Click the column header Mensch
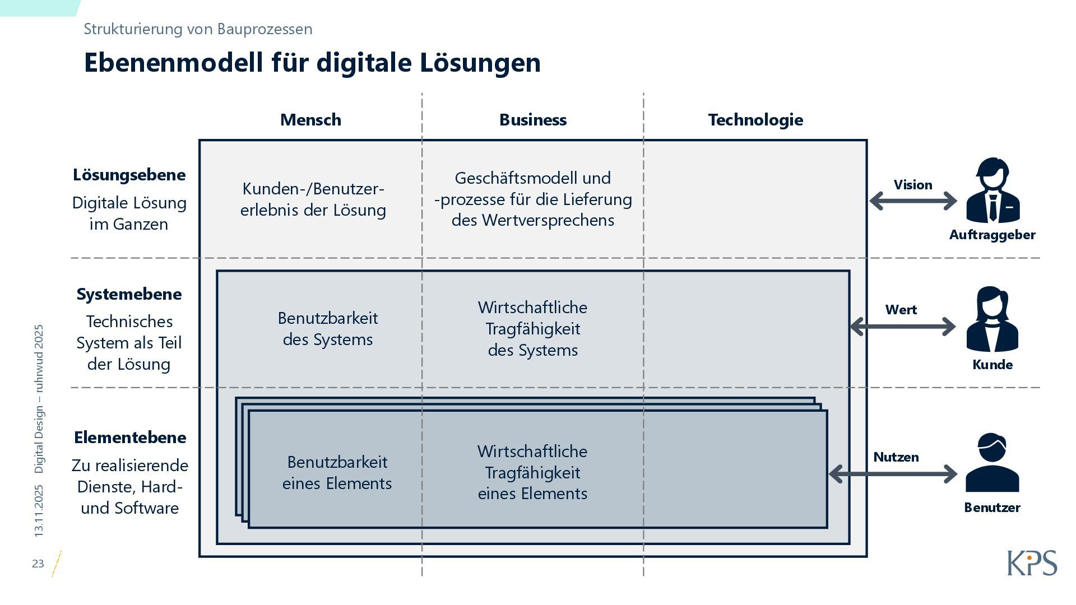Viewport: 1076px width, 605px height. (x=310, y=120)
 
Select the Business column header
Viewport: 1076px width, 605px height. (x=533, y=120)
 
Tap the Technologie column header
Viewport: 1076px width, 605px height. (x=755, y=120)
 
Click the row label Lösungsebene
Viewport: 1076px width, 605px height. (x=129, y=175)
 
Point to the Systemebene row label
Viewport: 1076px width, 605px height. (x=129, y=294)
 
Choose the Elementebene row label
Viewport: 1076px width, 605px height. (x=130, y=438)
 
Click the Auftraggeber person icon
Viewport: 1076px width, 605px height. (x=992, y=190)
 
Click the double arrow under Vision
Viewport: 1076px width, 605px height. (x=913, y=201)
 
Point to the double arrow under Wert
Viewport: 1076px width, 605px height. (x=903, y=327)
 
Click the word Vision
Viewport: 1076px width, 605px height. (x=913, y=185)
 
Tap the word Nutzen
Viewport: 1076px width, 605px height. (x=896, y=457)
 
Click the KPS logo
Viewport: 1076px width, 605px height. (x=1032, y=563)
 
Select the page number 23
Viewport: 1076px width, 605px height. (x=38, y=564)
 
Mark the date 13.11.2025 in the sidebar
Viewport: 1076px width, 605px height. (x=39, y=511)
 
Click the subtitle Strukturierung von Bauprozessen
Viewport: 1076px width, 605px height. (x=198, y=29)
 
